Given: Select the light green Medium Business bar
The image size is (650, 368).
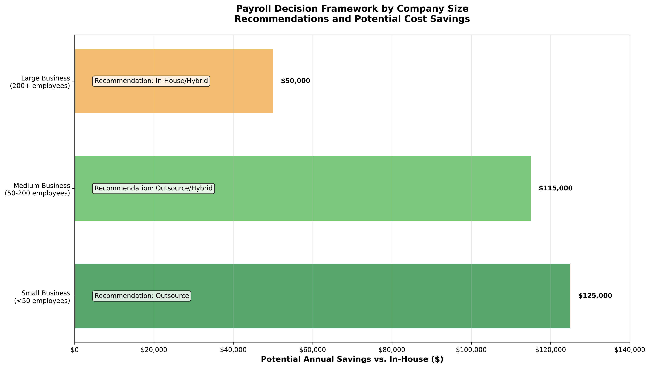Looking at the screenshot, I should tap(354, 207).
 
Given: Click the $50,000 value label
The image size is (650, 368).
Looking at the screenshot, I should tap(295, 81).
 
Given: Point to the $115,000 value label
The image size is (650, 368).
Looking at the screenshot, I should tap(555, 189).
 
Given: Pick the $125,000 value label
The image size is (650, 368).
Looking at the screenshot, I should tap(595, 296).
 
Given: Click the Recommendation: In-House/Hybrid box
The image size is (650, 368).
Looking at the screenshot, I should tap(151, 81).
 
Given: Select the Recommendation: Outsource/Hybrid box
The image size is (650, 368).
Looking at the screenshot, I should tap(153, 189).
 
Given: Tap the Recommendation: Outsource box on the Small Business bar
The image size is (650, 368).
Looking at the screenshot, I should tap(142, 296).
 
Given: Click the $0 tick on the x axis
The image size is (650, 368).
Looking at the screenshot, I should tap(75, 350).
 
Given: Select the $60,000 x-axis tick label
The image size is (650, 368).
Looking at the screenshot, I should tap(313, 350).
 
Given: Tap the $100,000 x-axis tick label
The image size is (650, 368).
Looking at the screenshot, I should tap(471, 350).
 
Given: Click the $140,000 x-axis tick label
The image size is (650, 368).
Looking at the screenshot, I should tap(630, 350).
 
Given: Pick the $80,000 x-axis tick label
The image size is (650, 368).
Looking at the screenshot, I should tap(392, 350).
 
